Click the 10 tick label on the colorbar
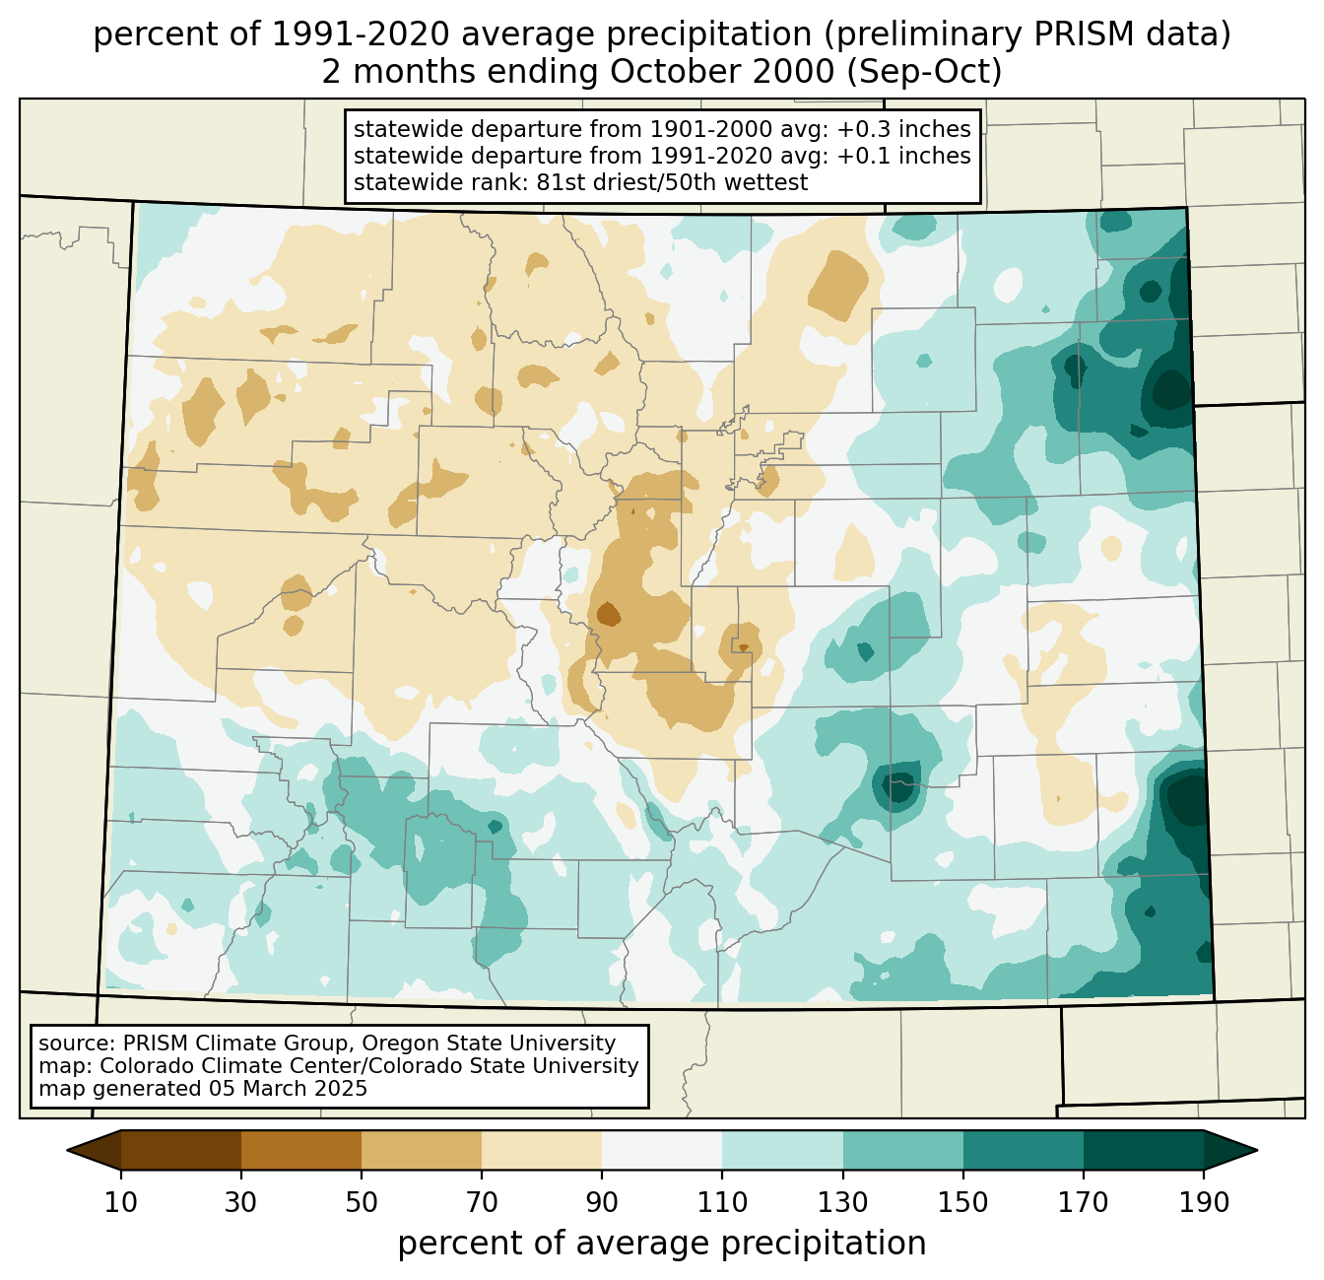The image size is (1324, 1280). pos(121,1203)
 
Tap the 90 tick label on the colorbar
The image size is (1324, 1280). pos(602,1203)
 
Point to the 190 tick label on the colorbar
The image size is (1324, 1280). pos(1203,1203)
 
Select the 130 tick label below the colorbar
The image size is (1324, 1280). pos(843,1203)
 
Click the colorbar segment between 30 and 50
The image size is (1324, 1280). pos(301,1150)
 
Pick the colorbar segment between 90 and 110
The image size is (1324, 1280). pos(662,1150)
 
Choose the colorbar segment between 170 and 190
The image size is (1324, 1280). pos(1143,1150)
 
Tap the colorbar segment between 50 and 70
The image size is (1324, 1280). pos(422,1150)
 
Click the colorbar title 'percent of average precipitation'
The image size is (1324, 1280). pos(662,1244)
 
